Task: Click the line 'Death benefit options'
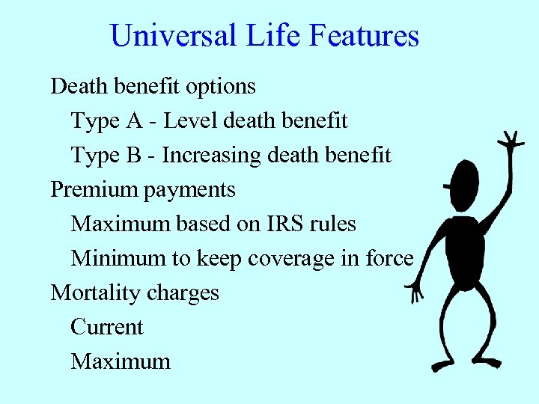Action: (153, 87)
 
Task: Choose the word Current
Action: (106, 327)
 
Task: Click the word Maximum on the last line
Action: (121, 362)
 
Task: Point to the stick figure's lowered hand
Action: (414, 291)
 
